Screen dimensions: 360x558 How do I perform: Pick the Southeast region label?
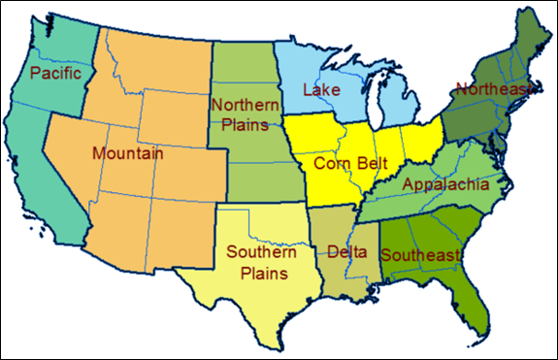pos(419,255)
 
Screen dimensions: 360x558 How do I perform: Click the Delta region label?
pos(347,252)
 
